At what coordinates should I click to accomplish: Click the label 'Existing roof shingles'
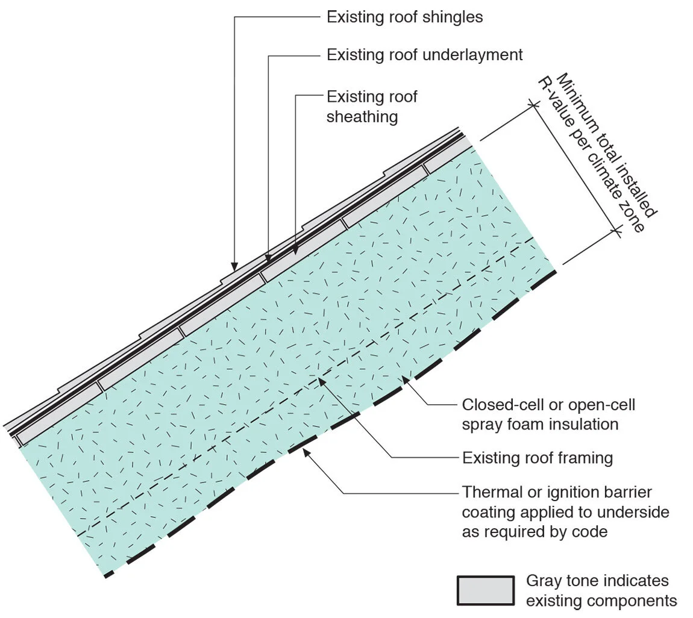click(404, 17)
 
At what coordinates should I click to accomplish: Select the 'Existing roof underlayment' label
click(424, 55)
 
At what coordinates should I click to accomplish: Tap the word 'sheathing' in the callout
click(362, 116)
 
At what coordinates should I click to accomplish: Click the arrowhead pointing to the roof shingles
click(234, 265)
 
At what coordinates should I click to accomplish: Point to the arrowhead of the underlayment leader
click(268, 258)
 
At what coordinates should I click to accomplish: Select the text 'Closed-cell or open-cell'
click(548, 404)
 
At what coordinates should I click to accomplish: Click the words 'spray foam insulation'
click(540, 424)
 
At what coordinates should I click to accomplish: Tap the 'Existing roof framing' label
click(537, 458)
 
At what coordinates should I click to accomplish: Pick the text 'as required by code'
click(535, 532)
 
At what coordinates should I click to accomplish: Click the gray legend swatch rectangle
click(486, 590)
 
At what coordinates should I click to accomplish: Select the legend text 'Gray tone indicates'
click(597, 581)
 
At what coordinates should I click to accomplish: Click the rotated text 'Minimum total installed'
click(606, 144)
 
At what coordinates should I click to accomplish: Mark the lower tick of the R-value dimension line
click(616, 229)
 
